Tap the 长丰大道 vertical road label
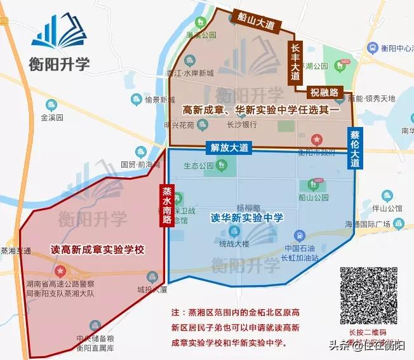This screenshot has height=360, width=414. [295, 62]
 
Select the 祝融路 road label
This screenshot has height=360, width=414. [325, 93]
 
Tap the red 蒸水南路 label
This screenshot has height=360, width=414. [167, 206]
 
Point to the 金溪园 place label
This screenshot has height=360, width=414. [52, 118]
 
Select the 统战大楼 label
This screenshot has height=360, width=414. [236, 244]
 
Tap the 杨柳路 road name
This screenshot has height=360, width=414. [248, 207]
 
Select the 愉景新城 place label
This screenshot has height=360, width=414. [159, 100]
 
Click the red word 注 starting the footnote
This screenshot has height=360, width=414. [176, 313]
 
